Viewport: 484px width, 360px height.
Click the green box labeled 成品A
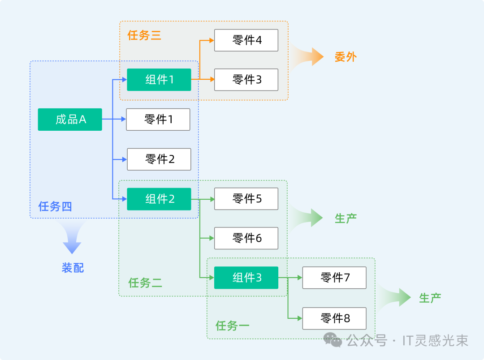pyautogui.click(x=70, y=120)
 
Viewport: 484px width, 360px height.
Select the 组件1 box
pyautogui.click(x=159, y=80)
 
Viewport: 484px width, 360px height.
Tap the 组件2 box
pyautogui.click(x=159, y=199)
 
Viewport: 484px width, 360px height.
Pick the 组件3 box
pyautogui.click(x=246, y=278)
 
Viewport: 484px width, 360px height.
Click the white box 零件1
pyautogui.click(x=158, y=120)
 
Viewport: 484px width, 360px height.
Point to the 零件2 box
pyautogui.click(x=159, y=159)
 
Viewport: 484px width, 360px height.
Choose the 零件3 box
pyautogui.click(x=246, y=80)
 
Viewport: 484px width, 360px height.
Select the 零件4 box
pyautogui.click(x=246, y=40)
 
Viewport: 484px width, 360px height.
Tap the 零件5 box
pyautogui.click(x=246, y=199)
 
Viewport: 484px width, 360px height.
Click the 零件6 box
pyautogui.click(x=246, y=238)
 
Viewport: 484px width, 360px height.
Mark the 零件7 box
pyautogui.click(x=334, y=278)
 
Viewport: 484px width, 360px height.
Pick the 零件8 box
pyautogui.click(x=334, y=318)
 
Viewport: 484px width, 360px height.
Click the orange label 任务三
pyautogui.click(x=144, y=35)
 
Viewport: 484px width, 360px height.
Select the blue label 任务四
pyautogui.click(x=55, y=206)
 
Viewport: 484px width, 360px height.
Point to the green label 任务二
pyautogui.click(x=145, y=283)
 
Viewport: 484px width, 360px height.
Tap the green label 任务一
pyautogui.click(x=232, y=326)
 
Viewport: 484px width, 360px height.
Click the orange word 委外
pyautogui.click(x=346, y=57)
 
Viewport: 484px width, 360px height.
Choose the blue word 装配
pyautogui.click(x=73, y=268)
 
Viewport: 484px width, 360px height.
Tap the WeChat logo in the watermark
pyautogui.click(x=333, y=340)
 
